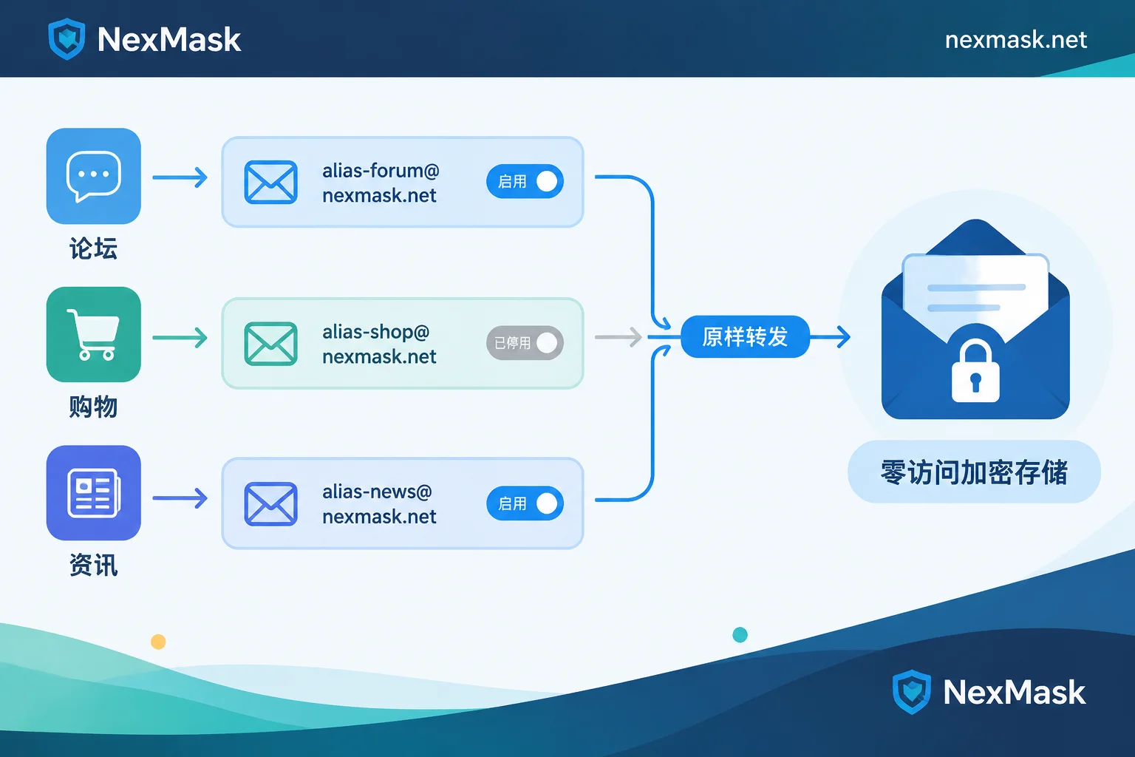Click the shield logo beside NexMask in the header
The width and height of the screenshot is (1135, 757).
[x=67, y=39]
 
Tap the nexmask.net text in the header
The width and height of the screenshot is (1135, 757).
[x=1015, y=40]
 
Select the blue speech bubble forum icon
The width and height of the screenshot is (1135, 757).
[x=94, y=176]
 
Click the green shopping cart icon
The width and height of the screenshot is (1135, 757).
[x=94, y=335]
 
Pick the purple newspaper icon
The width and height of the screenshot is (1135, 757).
[x=94, y=493]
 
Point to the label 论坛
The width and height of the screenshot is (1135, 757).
[x=94, y=248]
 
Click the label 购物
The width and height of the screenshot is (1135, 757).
[x=94, y=407]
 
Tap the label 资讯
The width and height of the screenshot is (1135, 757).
[x=94, y=565]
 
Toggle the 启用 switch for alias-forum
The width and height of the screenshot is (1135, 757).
[x=525, y=181]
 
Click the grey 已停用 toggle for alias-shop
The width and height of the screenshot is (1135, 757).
[x=525, y=343]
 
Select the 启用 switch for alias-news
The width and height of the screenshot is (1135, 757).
[x=525, y=503]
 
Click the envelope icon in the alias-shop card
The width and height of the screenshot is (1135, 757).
[x=270, y=344]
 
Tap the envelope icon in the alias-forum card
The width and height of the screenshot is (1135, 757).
[x=270, y=182]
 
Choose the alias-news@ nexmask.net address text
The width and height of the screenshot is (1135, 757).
[x=379, y=504]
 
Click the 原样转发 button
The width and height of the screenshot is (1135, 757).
[x=745, y=336]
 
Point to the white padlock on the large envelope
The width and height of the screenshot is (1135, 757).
[x=975, y=372]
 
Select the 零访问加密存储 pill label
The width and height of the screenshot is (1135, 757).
[x=974, y=472]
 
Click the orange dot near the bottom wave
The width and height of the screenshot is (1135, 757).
[x=158, y=642]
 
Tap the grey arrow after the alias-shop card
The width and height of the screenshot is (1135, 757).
[x=618, y=337]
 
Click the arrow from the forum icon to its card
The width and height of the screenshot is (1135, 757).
[x=180, y=177]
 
